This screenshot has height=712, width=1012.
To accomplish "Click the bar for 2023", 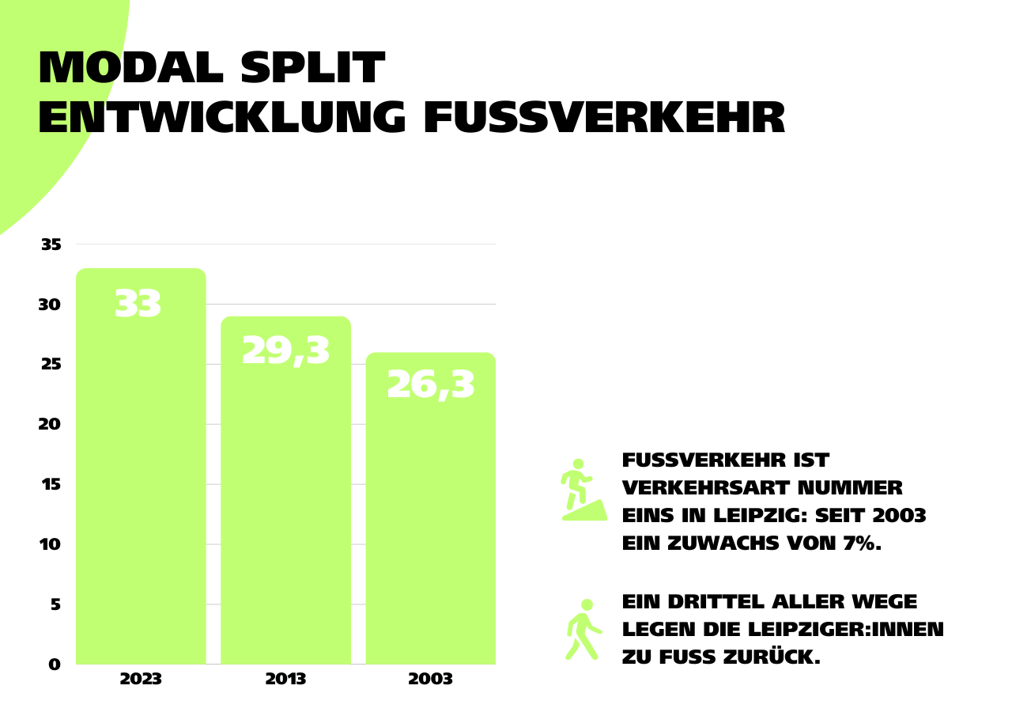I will click(141, 475).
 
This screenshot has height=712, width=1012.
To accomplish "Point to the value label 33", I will click(138, 305).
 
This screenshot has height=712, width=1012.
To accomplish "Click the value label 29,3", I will click(285, 350).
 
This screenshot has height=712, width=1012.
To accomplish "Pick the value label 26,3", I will click(431, 385).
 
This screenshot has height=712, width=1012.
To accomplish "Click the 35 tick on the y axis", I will click(51, 244).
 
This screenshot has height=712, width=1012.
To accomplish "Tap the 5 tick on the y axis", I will click(55, 604).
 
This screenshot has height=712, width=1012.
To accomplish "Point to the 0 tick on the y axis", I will click(55, 665).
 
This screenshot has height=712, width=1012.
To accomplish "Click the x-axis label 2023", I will click(141, 680).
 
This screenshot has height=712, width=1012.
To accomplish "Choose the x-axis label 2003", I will click(431, 680).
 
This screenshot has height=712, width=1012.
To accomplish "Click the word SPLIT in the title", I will click(312, 69).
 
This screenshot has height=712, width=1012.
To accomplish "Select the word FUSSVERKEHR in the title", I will click(605, 119).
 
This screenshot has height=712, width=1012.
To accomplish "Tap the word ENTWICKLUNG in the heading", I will click(222, 119).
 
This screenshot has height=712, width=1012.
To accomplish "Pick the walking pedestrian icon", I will click(583, 630).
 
